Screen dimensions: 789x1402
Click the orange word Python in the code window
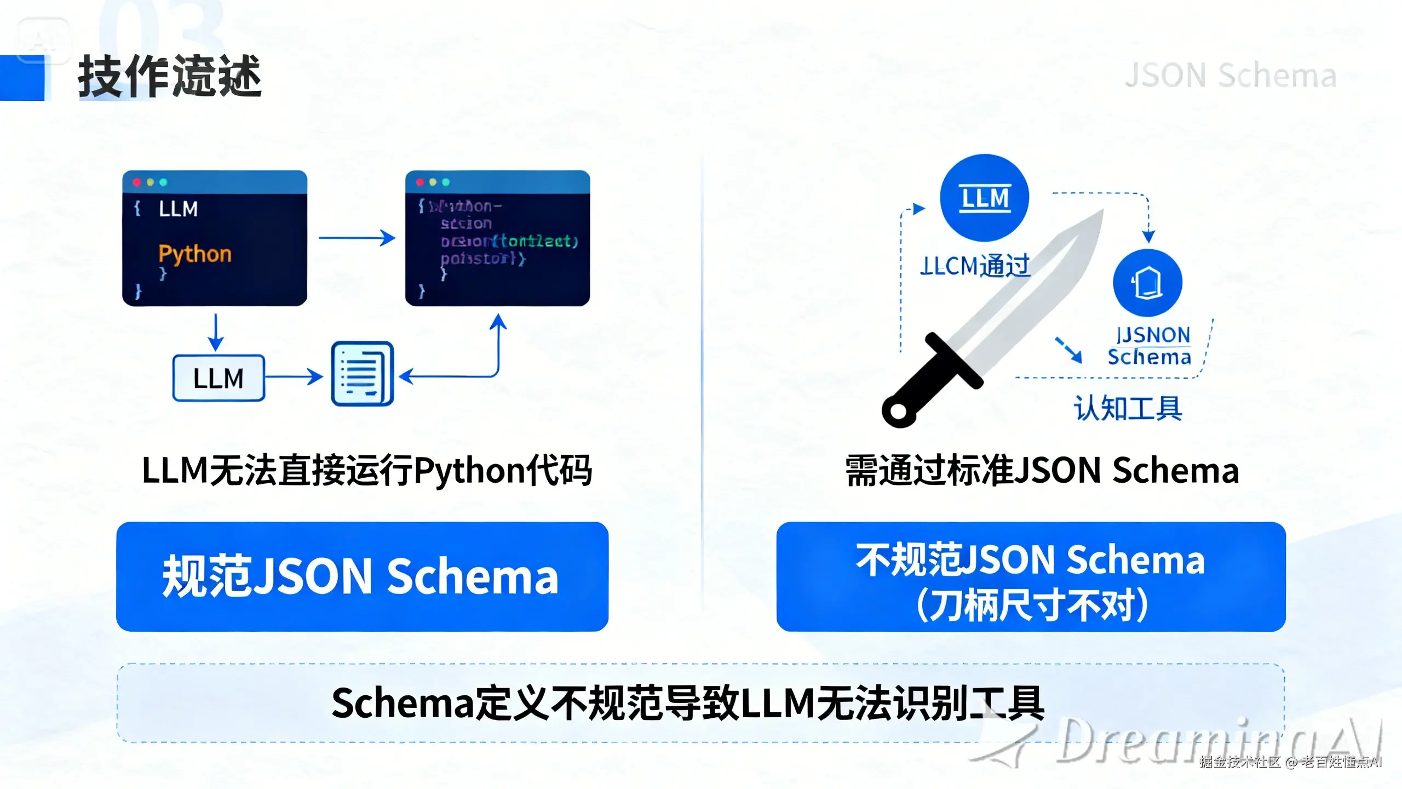[195, 254]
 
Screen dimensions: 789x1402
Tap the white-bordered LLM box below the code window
[219, 378]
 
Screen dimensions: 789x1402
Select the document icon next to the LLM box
[363, 374]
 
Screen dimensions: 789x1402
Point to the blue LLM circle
[984, 198]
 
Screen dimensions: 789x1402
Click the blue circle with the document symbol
[1147, 283]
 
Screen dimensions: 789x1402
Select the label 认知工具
[1128, 408]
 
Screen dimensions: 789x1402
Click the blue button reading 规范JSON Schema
[362, 576]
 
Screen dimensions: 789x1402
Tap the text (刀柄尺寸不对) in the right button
[1032, 605]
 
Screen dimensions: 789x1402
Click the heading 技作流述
[170, 77]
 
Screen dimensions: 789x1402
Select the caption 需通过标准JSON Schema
[1042, 471]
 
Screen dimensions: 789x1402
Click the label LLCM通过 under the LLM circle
[975, 266]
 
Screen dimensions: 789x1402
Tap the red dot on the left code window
[137, 182]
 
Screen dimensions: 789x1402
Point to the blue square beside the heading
[22, 78]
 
